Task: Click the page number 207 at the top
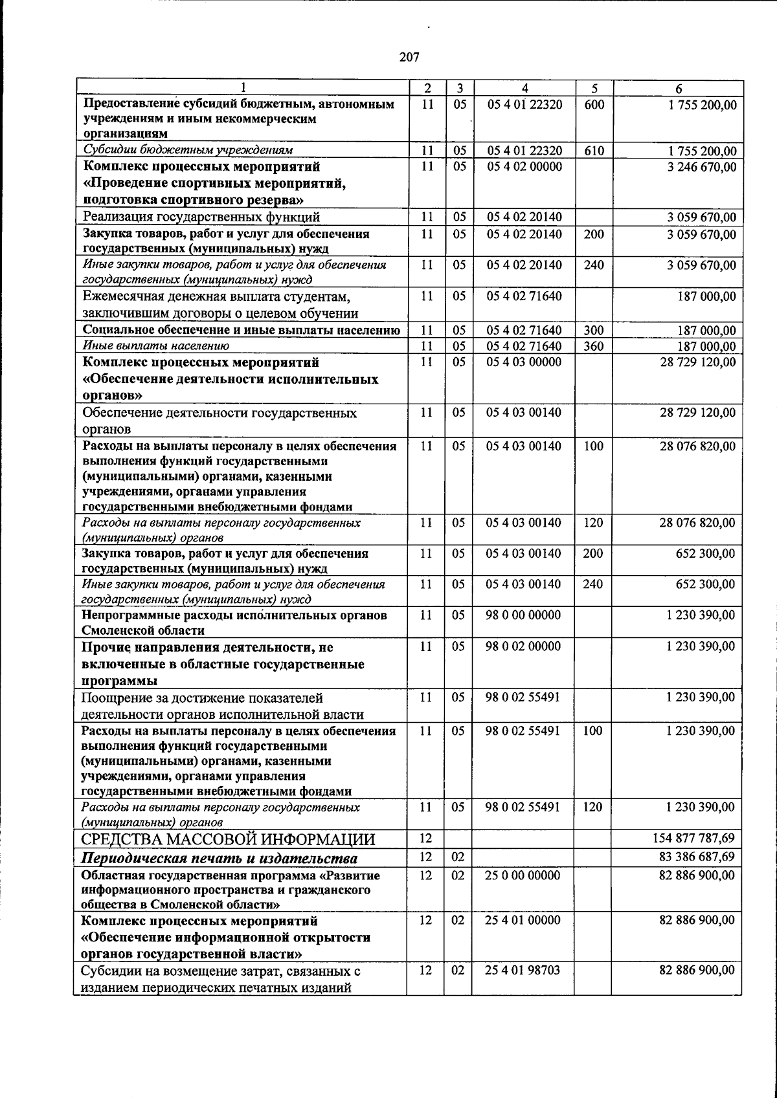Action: [x=409, y=57]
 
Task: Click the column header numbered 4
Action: [x=525, y=89]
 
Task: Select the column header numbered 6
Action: [x=678, y=89]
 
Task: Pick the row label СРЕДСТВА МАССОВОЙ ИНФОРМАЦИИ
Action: [x=228, y=840]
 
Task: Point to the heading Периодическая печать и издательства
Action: [x=219, y=859]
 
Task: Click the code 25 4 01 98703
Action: [x=523, y=970]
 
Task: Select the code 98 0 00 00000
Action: [x=523, y=615]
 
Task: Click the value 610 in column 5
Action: [x=594, y=151]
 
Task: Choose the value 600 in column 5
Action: [x=594, y=104]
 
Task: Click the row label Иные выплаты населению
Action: [x=155, y=346]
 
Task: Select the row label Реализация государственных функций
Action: [x=201, y=217]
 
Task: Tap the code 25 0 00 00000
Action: [x=523, y=875]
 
